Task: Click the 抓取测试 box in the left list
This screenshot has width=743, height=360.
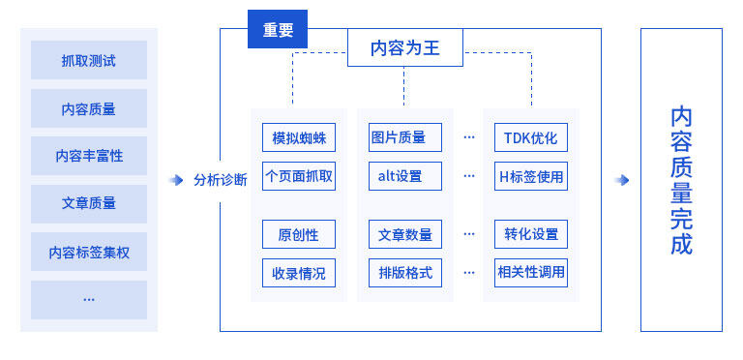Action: (89, 60)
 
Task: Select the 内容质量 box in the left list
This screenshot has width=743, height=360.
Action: (89, 108)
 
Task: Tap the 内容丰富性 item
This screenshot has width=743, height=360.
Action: (89, 156)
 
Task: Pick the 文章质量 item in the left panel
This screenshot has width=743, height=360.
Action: (89, 203)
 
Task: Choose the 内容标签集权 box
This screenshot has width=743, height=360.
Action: (89, 252)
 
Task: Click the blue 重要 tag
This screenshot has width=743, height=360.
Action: (278, 29)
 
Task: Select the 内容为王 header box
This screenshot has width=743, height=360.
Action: (405, 47)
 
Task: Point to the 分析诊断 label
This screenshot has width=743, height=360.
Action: (221, 180)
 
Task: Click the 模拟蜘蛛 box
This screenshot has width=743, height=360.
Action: (299, 137)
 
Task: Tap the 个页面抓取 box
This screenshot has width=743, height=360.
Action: (299, 176)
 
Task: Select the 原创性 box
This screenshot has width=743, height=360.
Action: (299, 234)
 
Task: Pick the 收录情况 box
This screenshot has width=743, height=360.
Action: (299, 273)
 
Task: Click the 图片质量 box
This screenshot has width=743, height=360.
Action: (405, 137)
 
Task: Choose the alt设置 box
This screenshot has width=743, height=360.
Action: (405, 176)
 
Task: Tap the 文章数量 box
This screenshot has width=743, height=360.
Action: (405, 234)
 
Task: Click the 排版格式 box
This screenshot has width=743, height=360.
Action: (405, 273)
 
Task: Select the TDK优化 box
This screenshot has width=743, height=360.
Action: (531, 137)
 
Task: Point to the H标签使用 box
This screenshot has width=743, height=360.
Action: (531, 176)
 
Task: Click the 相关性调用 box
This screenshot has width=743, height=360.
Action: (531, 273)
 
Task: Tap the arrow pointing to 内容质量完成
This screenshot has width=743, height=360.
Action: (621, 180)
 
